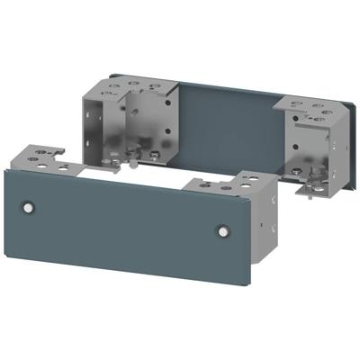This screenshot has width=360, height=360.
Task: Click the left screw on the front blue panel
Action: point(29,208)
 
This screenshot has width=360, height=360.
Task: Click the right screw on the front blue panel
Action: point(222,231)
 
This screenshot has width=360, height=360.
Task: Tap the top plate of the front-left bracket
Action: point(45,159)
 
